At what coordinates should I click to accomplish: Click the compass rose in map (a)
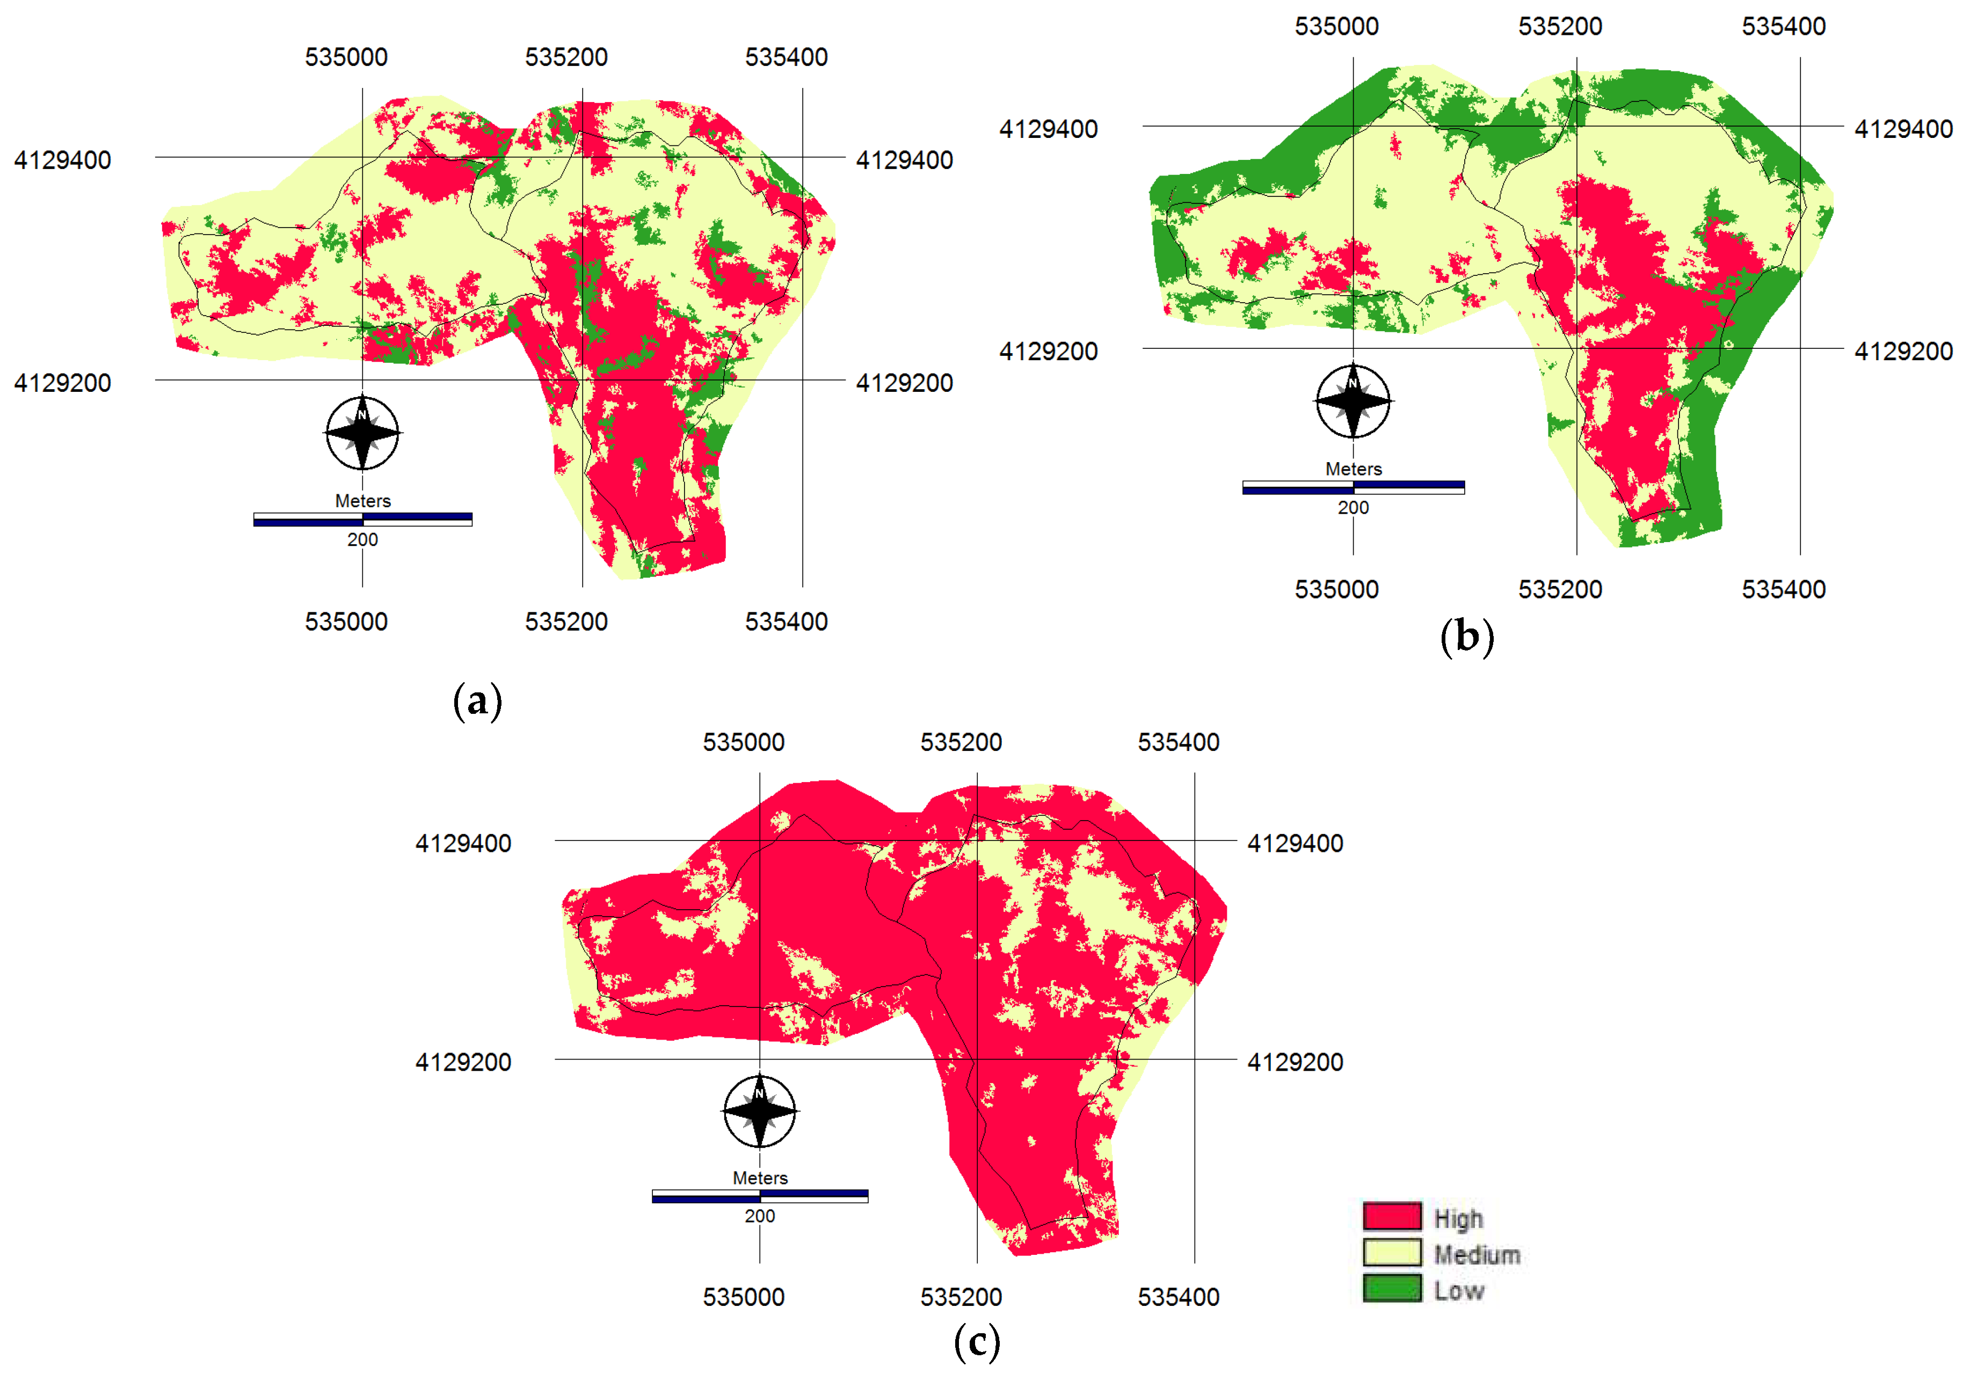[x=362, y=433]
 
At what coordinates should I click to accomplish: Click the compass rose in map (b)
[x=1354, y=401]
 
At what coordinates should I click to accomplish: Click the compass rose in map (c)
[x=760, y=1111]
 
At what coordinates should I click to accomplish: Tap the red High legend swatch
[x=1392, y=1216]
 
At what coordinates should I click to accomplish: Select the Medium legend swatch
[x=1392, y=1253]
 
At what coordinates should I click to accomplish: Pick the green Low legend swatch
[x=1392, y=1289]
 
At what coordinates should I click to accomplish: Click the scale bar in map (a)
[x=362, y=520]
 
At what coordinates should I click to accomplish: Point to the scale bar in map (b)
[x=1354, y=487]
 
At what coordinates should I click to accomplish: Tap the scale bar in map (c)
[x=760, y=1196]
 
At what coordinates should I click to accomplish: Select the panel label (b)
[x=1467, y=638]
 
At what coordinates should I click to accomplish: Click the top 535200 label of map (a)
[x=566, y=57]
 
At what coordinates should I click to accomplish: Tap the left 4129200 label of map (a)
[x=62, y=383]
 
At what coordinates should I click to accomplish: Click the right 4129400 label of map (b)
[x=1903, y=129]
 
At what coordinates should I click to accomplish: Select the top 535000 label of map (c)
[x=744, y=742]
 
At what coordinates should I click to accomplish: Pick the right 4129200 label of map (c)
[x=1295, y=1062]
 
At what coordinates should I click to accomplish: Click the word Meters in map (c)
[x=760, y=1178]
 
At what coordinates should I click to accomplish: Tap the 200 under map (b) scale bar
[x=1354, y=508]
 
